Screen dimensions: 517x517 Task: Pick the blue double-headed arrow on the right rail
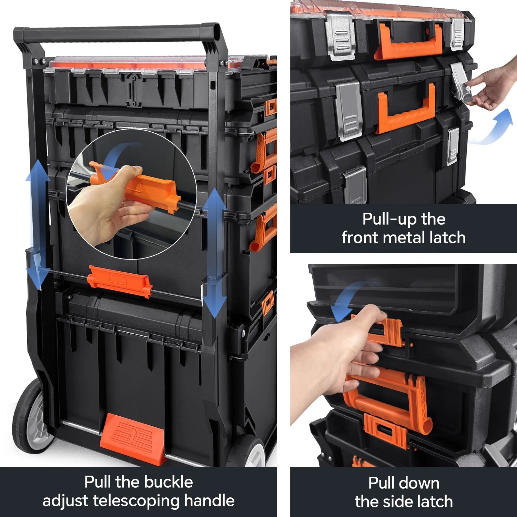tap(214, 253)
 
